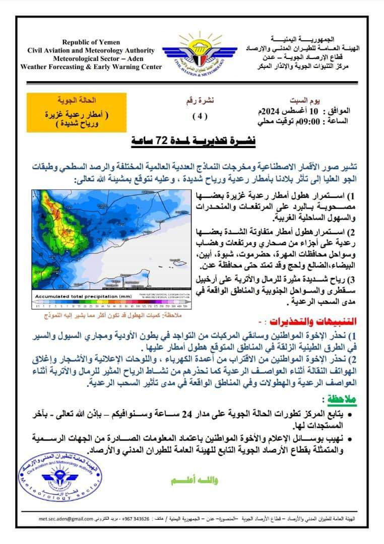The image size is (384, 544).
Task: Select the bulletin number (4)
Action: (200, 115)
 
